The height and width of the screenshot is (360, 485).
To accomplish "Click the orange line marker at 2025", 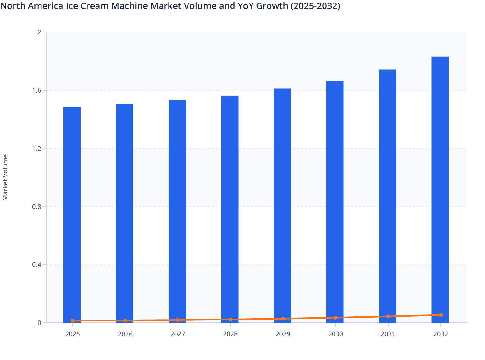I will (x=73, y=321).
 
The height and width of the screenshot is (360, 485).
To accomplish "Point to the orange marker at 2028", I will (x=230, y=319).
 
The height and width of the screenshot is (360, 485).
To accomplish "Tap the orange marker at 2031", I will (x=388, y=316).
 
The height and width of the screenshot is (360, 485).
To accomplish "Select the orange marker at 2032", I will (x=441, y=315).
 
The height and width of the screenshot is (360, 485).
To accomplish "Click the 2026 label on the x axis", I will (x=125, y=334).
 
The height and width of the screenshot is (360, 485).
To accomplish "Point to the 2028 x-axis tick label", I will (x=230, y=334).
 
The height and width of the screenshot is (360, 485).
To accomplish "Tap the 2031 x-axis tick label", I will (x=388, y=334).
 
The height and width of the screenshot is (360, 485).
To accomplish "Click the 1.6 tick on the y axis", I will (x=37, y=90).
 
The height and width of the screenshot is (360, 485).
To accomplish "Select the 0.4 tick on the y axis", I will (x=37, y=265).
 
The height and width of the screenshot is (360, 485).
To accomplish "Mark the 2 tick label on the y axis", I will (x=40, y=32).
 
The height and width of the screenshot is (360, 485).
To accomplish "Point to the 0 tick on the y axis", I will (x=40, y=323).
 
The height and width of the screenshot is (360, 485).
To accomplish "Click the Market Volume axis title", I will (x=5, y=177).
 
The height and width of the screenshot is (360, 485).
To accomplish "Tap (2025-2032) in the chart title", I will (x=315, y=6).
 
